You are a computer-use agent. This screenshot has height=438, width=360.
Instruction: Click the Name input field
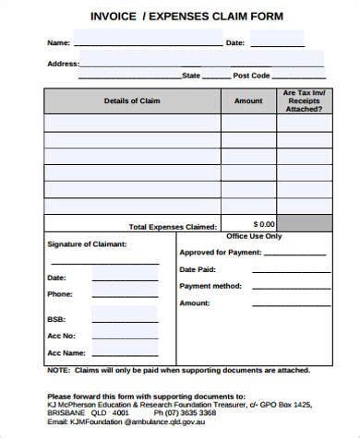(x=147, y=42)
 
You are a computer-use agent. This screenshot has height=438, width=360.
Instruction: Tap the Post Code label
(x=251, y=76)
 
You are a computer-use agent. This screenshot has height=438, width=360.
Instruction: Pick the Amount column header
(x=248, y=101)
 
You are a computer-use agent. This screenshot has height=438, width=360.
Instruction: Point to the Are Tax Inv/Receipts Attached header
(x=303, y=101)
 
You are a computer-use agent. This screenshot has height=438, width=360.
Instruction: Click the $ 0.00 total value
(x=264, y=224)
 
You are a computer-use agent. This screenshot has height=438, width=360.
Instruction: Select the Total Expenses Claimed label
(x=174, y=226)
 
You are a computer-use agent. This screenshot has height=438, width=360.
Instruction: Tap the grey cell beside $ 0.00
(x=303, y=224)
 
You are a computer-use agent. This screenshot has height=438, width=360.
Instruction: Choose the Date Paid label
(x=198, y=269)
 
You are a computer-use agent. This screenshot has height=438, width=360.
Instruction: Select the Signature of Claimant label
(x=87, y=244)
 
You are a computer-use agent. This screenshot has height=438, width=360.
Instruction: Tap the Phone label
(x=60, y=294)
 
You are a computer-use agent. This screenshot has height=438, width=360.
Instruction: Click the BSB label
(x=56, y=319)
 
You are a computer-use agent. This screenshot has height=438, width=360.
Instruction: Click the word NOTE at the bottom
(x=58, y=371)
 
